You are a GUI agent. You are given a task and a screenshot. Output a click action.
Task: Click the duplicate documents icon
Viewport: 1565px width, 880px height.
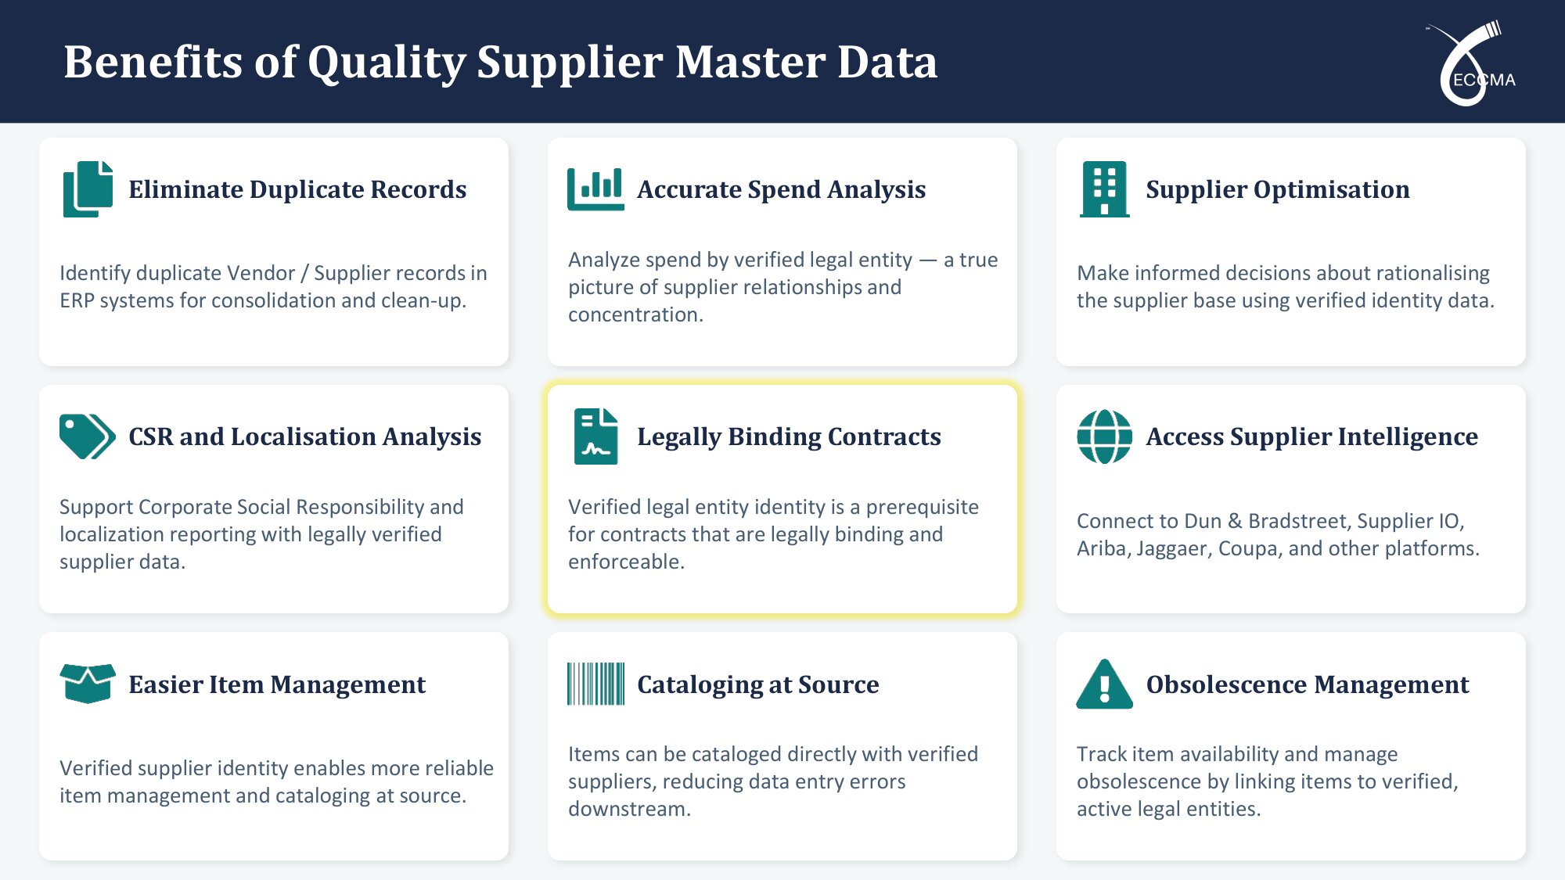tap(88, 189)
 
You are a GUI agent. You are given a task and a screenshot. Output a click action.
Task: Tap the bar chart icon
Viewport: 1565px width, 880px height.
tap(595, 189)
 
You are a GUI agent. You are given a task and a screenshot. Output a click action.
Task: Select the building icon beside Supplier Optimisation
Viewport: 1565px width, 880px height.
tap(1104, 189)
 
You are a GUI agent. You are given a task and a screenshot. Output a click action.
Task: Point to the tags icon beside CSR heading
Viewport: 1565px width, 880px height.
tap(88, 436)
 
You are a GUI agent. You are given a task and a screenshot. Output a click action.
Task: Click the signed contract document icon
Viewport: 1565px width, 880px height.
tap(595, 436)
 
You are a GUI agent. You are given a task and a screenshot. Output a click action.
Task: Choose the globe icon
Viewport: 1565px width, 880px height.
tap(1104, 436)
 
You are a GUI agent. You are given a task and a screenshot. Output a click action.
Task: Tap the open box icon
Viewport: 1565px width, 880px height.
tap(88, 684)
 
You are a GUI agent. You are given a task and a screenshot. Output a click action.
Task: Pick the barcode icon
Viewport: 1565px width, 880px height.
tap(595, 684)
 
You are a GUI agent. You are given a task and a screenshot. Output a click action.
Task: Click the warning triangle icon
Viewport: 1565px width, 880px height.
tap(1104, 684)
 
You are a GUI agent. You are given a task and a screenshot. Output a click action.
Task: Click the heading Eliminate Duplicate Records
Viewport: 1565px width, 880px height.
tap(297, 189)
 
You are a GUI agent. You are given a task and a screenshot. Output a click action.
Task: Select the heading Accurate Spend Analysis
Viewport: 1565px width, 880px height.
tap(781, 189)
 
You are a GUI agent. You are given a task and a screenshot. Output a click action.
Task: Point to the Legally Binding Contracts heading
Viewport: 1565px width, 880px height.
tap(789, 436)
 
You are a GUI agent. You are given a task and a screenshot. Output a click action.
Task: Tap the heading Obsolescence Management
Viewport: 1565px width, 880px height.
tap(1308, 684)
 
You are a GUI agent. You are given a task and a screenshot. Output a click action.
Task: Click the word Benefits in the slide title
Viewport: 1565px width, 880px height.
tap(153, 62)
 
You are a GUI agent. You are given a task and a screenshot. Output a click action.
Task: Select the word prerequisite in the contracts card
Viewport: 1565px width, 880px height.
tap(922, 508)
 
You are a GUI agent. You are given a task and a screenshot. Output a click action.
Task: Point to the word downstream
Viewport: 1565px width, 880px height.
tap(629, 809)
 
